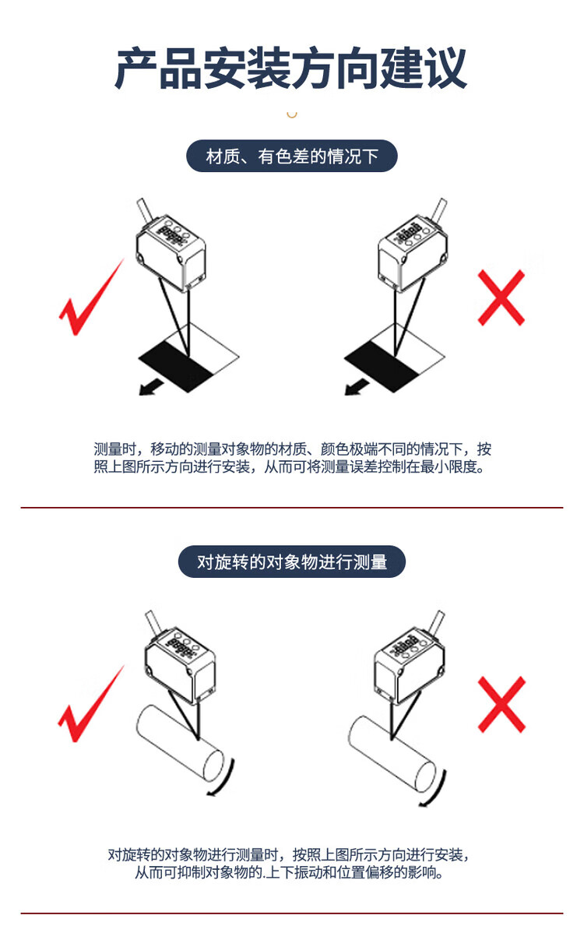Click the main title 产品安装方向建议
click(x=290, y=68)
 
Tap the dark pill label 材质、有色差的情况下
click(x=291, y=156)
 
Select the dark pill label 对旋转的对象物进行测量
click(x=292, y=562)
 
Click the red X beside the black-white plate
click(x=501, y=297)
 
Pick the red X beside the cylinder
click(x=501, y=705)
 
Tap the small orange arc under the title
click(x=292, y=114)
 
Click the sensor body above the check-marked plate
click(x=171, y=254)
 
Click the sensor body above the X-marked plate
click(x=413, y=254)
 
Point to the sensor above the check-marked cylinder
click(x=180, y=667)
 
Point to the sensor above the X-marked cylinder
click(x=409, y=667)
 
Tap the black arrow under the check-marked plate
click(x=151, y=387)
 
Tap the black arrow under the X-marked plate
click(x=357, y=387)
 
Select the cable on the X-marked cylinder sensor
click(x=435, y=623)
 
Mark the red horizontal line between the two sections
click(x=292, y=507)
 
